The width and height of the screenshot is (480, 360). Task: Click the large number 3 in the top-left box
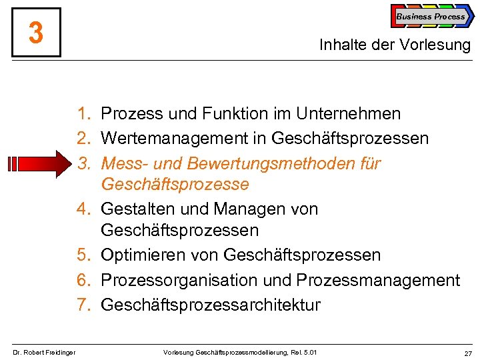tap(36, 33)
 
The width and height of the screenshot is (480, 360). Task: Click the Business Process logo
tap(431, 17)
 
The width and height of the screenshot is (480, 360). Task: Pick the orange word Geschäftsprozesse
tap(175, 184)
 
